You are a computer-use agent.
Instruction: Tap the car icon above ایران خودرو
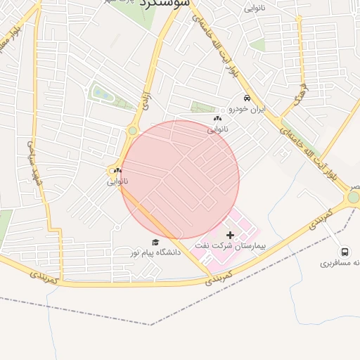coord(246,98)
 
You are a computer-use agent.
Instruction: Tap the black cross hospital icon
coord(230,233)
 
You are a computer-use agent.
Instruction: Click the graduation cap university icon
coord(155,242)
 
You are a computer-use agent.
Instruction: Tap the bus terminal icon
coord(345,252)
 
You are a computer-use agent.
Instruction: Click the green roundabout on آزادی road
coord(132,131)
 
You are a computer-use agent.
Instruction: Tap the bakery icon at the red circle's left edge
coord(118,169)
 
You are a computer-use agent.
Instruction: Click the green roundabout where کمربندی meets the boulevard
coord(353,198)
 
